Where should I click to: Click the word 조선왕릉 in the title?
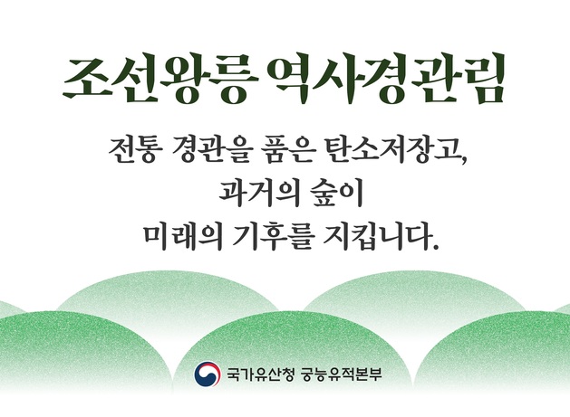[x=152, y=81]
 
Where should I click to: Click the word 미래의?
[x=181, y=238]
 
